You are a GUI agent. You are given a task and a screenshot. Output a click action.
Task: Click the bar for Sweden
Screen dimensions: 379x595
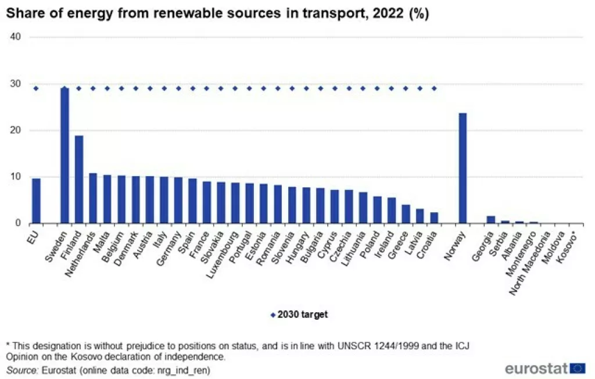click(64, 155)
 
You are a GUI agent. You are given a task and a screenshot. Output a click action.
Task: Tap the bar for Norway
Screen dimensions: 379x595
click(463, 168)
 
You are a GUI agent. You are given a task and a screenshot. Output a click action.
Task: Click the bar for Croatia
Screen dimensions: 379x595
click(434, 218)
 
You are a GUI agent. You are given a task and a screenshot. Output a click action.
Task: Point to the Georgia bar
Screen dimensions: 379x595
click(491, 220)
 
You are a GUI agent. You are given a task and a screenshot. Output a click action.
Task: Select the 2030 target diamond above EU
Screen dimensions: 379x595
click(36, 88)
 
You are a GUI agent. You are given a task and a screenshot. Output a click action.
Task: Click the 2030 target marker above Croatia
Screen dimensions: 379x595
click(434, 88)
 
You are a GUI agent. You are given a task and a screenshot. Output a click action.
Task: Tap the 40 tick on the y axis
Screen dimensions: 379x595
click(16, 37)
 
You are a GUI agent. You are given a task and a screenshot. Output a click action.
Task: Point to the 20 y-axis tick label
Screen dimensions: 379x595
click(16, 130)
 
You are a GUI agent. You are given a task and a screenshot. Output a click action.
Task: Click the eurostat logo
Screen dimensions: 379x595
click(545, 368)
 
